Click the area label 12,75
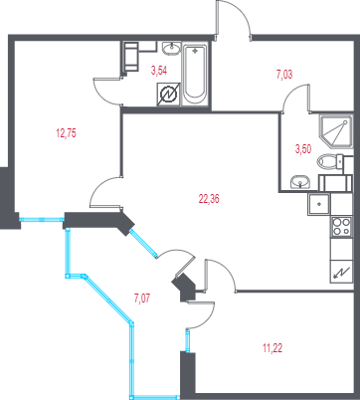click(67, 133)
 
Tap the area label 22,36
click(209, 199)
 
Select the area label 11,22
click(272, 348)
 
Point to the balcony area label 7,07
click(142, 299)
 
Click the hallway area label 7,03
click(284, 75)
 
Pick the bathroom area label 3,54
click(159, 71)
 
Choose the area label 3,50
click(303, 149)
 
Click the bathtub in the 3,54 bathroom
click(195, 75)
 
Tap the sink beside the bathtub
click(172, 49)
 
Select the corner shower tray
click(335, 131)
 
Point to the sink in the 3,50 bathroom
click(300, 182)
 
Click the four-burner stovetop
click(341, 227)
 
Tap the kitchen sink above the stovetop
click(319, 204)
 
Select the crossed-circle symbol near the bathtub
click(168, 95)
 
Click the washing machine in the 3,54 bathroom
click(131, 56)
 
